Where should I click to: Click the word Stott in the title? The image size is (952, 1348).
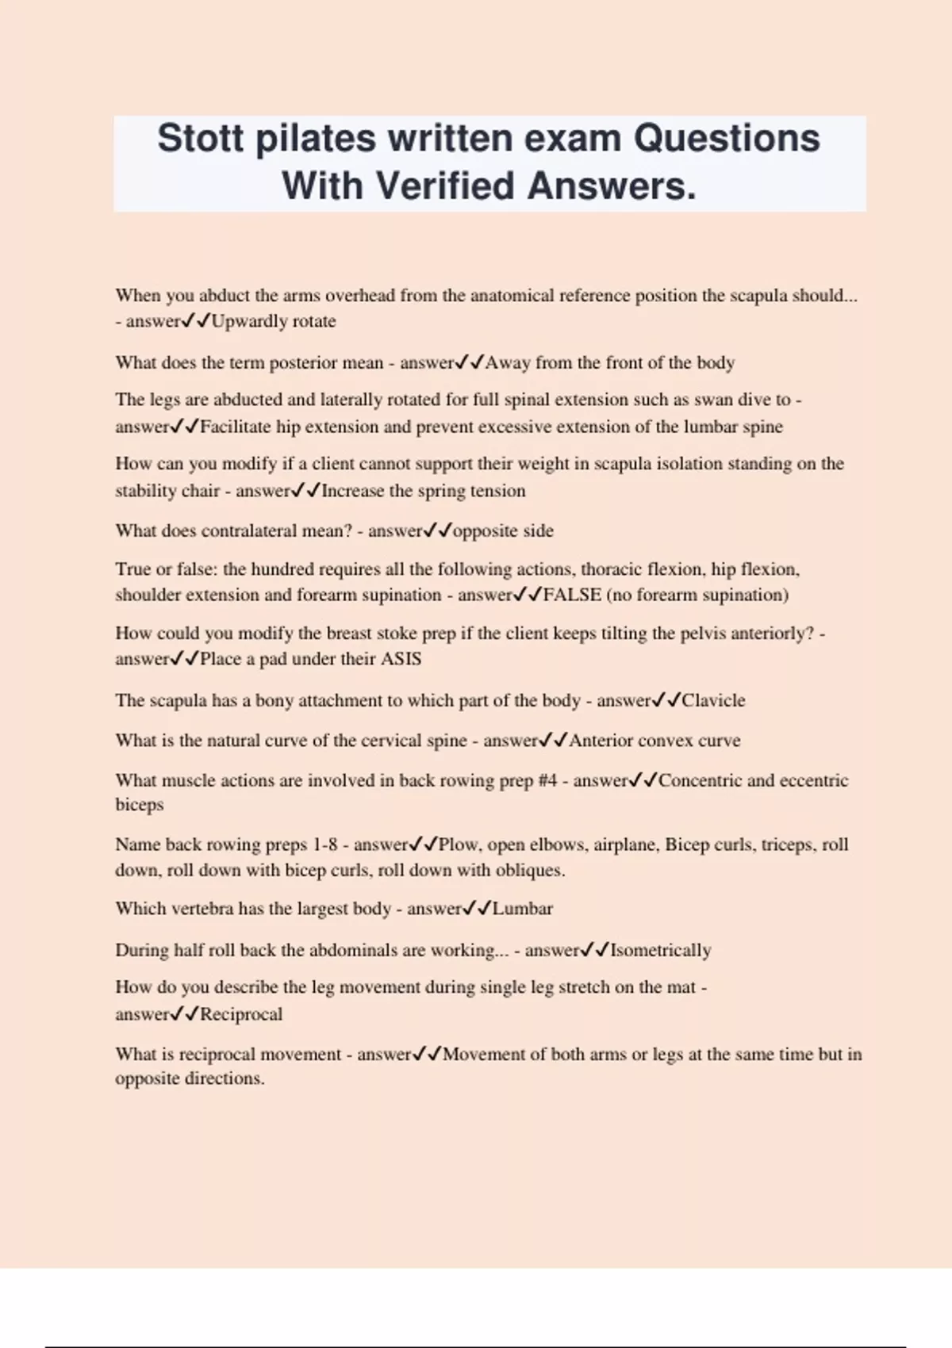[200, 138]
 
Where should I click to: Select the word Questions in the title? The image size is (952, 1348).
[726, 138]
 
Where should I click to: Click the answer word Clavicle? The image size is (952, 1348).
[713, 700]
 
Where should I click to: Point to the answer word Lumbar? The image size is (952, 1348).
[522, 909]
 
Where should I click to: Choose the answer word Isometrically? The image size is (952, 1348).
[660, 950]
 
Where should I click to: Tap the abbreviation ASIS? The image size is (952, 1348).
[401, 659]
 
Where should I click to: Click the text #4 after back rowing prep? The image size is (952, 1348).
[547, 780]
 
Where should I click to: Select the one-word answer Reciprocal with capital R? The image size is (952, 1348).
[240, 1014]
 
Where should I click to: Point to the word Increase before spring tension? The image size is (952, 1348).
[352, 491]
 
